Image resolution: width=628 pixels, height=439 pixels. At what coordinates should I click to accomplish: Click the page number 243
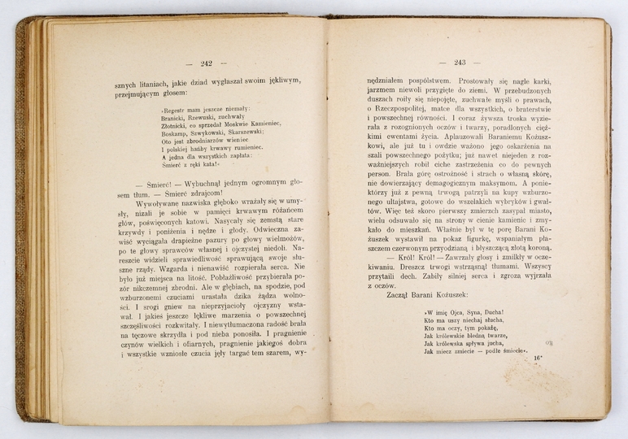(459, 62)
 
